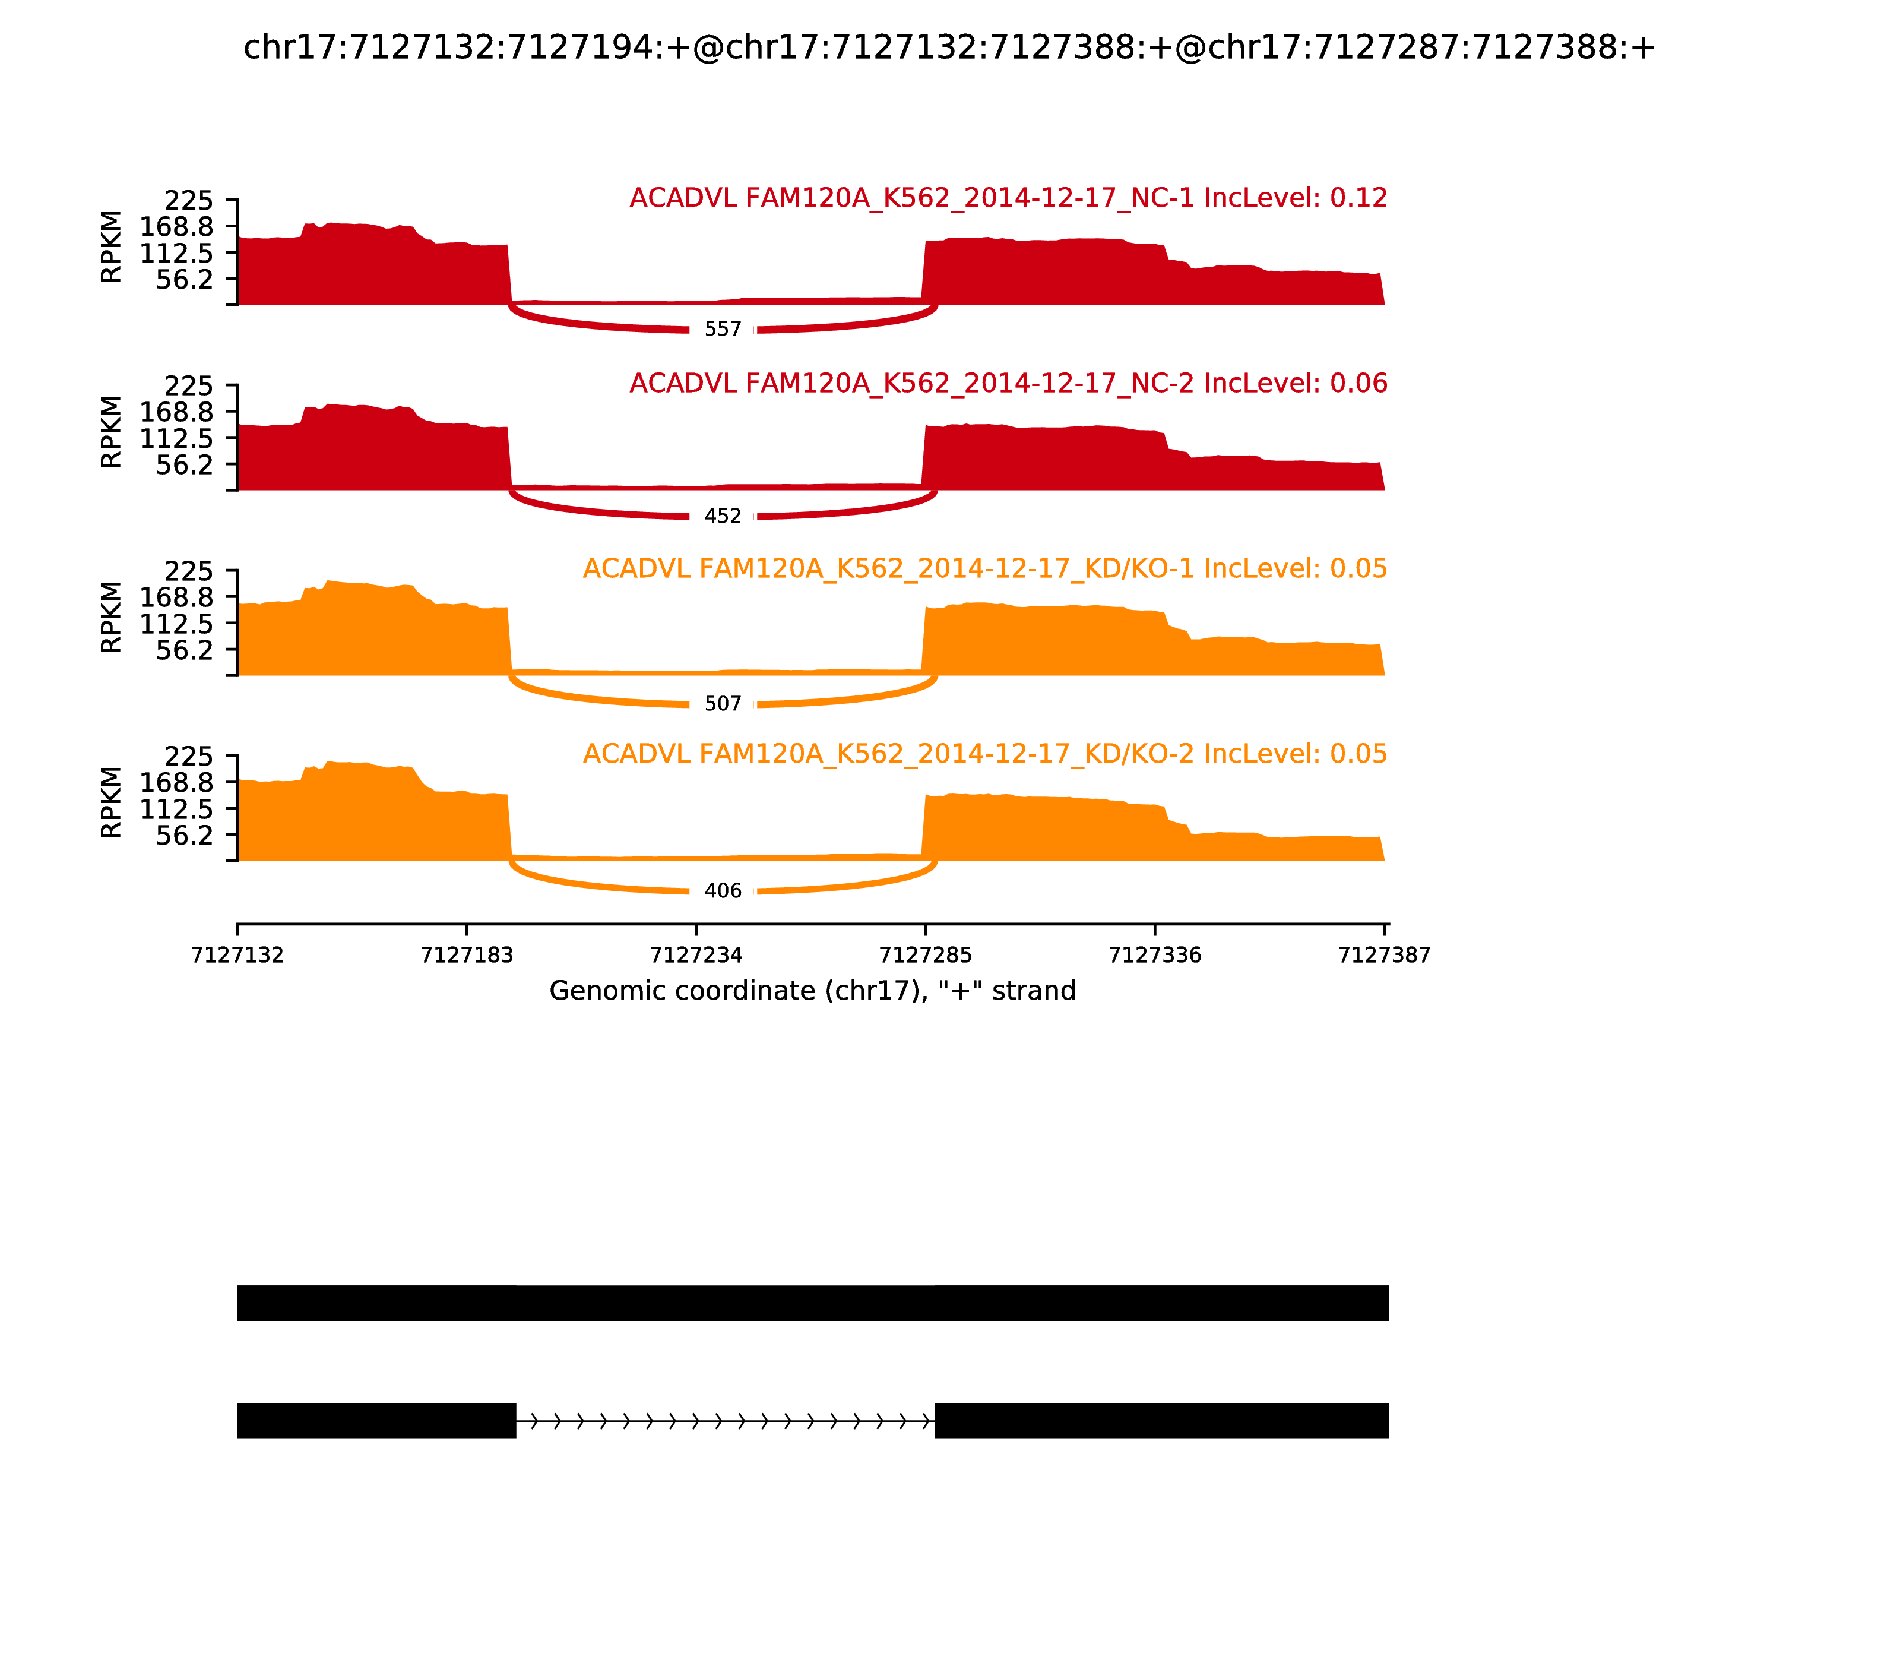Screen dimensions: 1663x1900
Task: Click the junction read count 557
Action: coord(723,330)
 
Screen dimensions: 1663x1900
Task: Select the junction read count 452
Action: coord(723,516)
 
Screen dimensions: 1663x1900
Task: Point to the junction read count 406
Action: coord(723,891)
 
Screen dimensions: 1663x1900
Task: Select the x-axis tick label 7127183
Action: coord(467,955)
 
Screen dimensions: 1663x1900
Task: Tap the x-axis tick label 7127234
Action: coord(696,955)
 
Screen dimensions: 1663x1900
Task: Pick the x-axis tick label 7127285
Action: coord(925,955)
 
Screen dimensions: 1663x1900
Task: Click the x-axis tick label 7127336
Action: coord(1155,955)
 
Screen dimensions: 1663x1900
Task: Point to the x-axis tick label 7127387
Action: coord(1384,955)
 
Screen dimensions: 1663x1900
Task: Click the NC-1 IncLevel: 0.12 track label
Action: coord(1008,198)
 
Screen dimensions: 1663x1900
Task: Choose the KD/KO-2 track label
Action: coord(984,754)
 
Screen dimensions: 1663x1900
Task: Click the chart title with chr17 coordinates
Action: coord(949,48)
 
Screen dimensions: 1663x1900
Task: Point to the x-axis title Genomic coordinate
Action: coord(813,991)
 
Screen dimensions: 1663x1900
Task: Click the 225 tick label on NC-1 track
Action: coord(188,201)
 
